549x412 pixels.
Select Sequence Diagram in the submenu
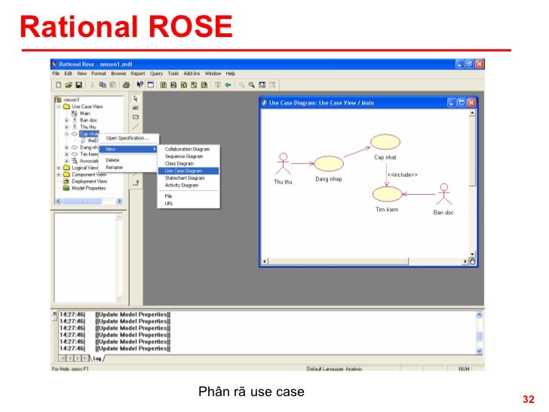(x=183, y=156)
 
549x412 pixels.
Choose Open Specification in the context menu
(x=127, y=138)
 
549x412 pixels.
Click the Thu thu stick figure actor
(x=283, y=165)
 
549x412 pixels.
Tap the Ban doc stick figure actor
(x=444, y=194)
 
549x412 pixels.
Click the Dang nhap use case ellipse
(x=328, y=163)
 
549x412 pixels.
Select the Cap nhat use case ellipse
(x=385, y=142)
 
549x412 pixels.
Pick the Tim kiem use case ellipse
(x=386, y=194)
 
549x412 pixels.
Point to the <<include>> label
(x=403, y=175)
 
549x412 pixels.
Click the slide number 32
(x=528, y=399)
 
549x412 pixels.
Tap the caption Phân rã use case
(x=251, y=392)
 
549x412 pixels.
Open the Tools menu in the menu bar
(x=173, y=74)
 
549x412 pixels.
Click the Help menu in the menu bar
(x=230, y=74)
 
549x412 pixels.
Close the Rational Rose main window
(x=480, y=64)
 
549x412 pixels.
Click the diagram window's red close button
(x=471, y=102)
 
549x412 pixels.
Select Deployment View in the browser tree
(x=89, y=181)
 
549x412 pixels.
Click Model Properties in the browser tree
(x=89, y=188)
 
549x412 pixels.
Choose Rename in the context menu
(x=113, y=167)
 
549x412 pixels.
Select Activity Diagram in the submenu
(x=182, y=185)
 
